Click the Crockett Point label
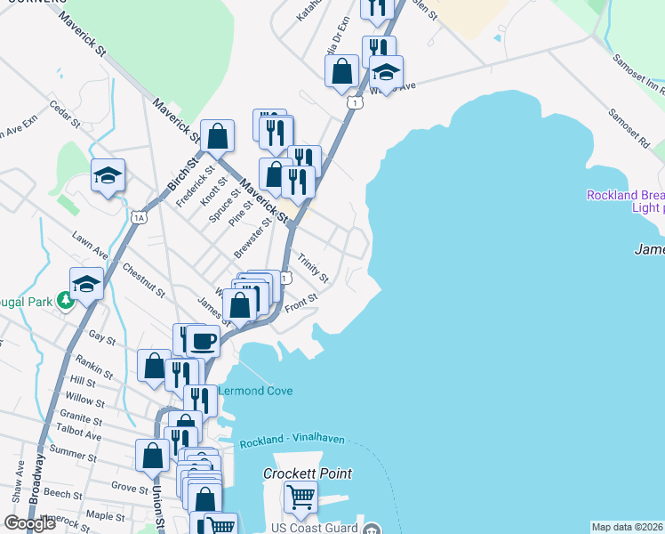tap(308, 474)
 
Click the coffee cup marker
tap(204, 340)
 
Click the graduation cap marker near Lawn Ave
tap(86, 283)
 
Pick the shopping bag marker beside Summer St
tap(153, 454)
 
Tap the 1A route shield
tap(139, 216)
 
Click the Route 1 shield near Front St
tap(284, 278)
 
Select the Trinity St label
tap(313, 268)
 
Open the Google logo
tap(30, 522)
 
